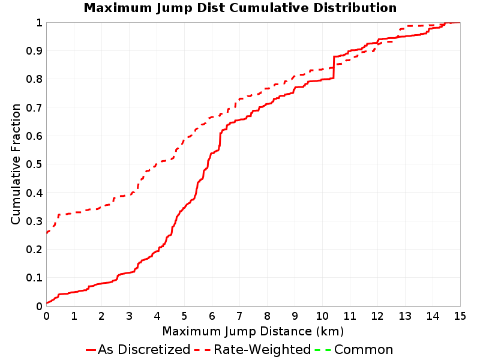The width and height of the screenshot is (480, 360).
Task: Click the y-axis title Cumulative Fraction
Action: click(x=16, y=164)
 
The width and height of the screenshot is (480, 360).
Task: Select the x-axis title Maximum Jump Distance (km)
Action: click(x=253, y=332)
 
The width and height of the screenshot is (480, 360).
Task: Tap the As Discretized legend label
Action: click(x=144, y=349)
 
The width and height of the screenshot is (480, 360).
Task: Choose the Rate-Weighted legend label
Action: click(x=262, y=349)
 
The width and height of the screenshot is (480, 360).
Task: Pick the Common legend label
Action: click(x=364, y=349)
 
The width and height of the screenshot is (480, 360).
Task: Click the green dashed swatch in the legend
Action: click(x=323, y=350)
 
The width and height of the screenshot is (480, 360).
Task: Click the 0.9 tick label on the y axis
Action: click(x=34, y=51)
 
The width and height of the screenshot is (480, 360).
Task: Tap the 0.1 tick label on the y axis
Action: click(x=34, y=278)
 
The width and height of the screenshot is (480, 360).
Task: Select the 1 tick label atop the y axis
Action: click(x=39, y=23)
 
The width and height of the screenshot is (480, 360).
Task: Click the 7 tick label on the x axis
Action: click(x=239, y=316)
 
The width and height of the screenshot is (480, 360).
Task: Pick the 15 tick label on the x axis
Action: click(x=460, y=316)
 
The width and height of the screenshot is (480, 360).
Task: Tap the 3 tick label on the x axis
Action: click(x=129, y=316)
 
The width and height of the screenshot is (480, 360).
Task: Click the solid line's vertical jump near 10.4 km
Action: click(x=334, y=67)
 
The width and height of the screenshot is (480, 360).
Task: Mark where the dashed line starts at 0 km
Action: click(x=47, y=233)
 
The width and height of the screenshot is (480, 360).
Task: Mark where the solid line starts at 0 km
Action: click(x=47, y=303)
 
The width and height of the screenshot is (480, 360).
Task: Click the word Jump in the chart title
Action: click(x=174, y=8)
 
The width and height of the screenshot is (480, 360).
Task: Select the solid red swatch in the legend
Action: click(x=91, y=350)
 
